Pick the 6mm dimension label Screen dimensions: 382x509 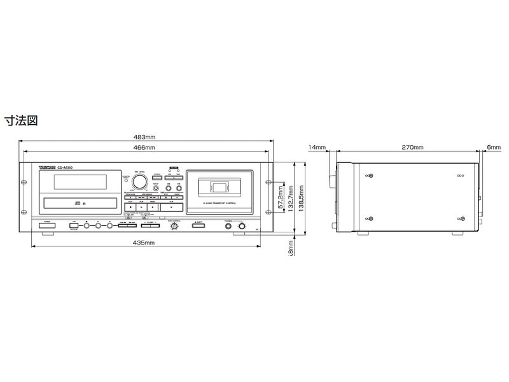pos(494,148)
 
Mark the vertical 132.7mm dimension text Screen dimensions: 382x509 pos(291,199)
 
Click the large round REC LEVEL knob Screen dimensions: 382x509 pos(139,180)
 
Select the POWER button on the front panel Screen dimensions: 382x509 pos(46,226)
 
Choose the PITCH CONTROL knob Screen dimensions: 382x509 pos(174,227)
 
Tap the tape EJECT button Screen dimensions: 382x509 pos(199,226)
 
